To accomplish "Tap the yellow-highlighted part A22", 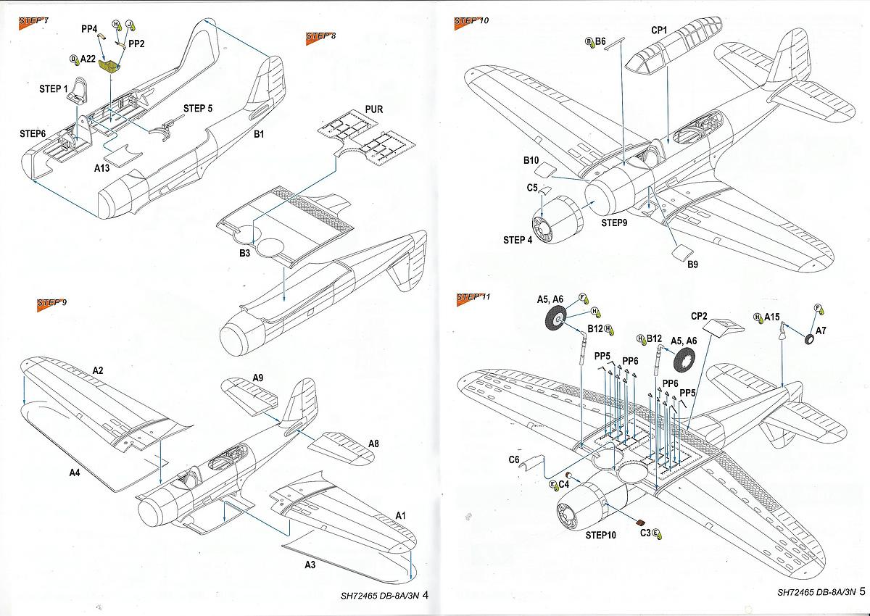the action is click(x=109, y=66).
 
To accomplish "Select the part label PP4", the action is click(x=89, y=29).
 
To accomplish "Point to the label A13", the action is click(x=101, y=167).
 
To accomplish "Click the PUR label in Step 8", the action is click(x=373, y=109).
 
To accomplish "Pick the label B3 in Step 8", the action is click(x=245, y=253).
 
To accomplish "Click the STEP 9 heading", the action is click(x=51, y=303).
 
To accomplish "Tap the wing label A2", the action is click(x=98, y=370).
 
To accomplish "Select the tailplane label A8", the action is click(x=373, y=444).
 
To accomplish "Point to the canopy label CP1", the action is click(x=659, y=30).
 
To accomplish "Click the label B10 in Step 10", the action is click(x=531, y=160).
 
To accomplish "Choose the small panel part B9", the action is click(x=681, y=251).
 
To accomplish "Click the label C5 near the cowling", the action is click(x=532, y=188).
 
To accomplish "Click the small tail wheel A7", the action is click(x=809, y=340).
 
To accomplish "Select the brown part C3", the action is click(x=641, y=522).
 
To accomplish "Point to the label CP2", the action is click(x=699, y=317).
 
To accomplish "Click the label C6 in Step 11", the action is click(x=514, y=460).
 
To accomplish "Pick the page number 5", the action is click(x=862, y=591).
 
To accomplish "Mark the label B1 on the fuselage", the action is click(x=259, y=134).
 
